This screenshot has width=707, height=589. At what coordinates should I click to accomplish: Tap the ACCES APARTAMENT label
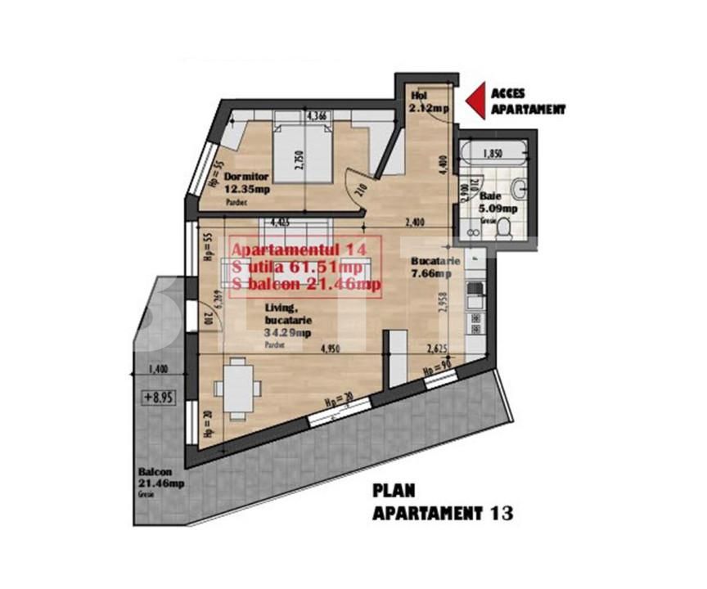[x=527, y=101]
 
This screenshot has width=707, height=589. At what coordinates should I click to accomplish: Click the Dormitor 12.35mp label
[x=246, y=182]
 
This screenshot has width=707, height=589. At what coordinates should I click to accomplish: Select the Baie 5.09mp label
[x=492, y=201]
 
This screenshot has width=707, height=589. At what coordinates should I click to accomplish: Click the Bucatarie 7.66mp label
[x=432, y=267]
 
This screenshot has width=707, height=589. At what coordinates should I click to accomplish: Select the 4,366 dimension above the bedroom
[x=316, y=117]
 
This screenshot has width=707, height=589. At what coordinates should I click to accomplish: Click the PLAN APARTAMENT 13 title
[x=443, y=502]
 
